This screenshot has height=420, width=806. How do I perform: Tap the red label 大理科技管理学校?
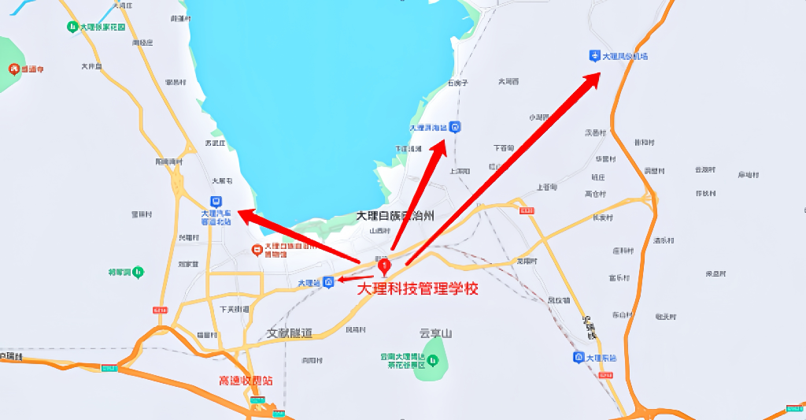coord(417,289)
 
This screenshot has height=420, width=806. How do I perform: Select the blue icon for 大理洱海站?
coord(456,127)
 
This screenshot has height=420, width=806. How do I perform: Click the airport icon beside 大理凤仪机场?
coord(594,56)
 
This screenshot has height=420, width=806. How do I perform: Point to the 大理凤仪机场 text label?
coord(625,57)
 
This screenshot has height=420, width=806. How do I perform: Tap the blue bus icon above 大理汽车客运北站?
coord(216,201)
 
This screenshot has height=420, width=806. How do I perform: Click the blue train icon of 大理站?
coord(329,281)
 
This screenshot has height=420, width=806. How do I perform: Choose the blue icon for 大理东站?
coord(579,358)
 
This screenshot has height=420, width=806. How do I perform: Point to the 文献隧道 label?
coord(290,333)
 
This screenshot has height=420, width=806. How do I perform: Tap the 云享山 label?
coord(436,333)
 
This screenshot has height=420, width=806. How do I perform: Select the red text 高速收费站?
coord(245,380)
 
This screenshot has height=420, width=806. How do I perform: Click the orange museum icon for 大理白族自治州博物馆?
coord(256,250)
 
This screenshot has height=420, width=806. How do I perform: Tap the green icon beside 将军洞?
coord(139,272)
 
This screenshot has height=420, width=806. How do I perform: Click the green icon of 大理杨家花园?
coord(72,27)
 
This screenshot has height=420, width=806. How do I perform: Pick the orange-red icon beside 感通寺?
coord(14,69)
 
